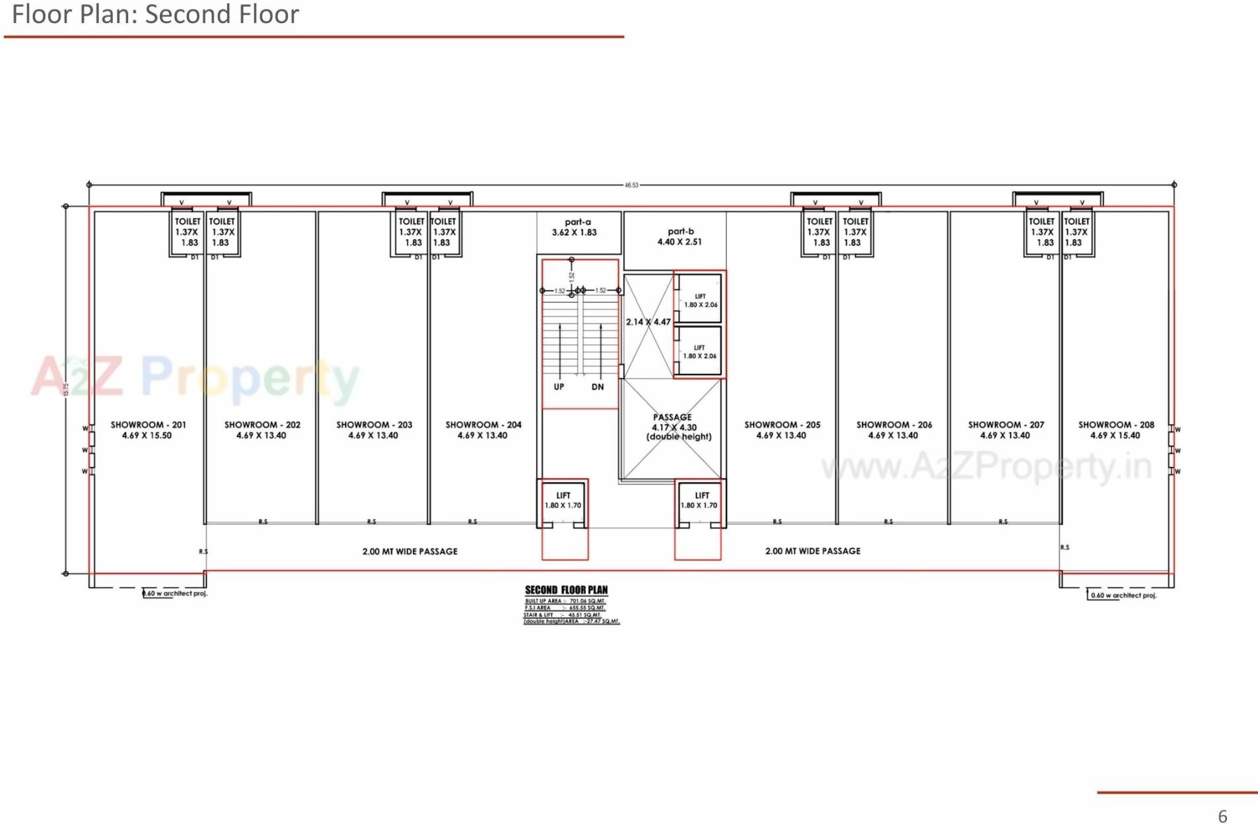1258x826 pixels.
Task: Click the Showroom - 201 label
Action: coord(148,430)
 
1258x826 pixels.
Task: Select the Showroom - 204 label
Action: coord(483,430)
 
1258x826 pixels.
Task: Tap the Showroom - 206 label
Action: coord(893,430)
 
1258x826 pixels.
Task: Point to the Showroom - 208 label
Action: coord(1116,430)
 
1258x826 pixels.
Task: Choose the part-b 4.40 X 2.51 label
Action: coord(680,236)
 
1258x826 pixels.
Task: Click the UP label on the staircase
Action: coord(559,387)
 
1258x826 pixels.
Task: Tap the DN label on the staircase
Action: coord(598,387)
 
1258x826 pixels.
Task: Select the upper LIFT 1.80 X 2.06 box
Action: coord(699,300)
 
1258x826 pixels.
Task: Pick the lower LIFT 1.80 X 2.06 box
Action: coord(699,352)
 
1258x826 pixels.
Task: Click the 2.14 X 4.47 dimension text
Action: coord(648,322)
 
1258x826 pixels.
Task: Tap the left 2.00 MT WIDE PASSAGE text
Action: coord(409,551)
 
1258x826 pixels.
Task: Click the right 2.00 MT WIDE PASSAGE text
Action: coord(812,551)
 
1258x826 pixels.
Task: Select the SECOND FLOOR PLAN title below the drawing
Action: coord(566,590)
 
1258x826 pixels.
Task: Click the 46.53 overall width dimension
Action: coord(631,186)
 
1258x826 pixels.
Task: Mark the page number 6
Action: coord(1222,816)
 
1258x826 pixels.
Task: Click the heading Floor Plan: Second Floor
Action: coord(155,15)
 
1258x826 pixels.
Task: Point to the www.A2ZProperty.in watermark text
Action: coord(987,466)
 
